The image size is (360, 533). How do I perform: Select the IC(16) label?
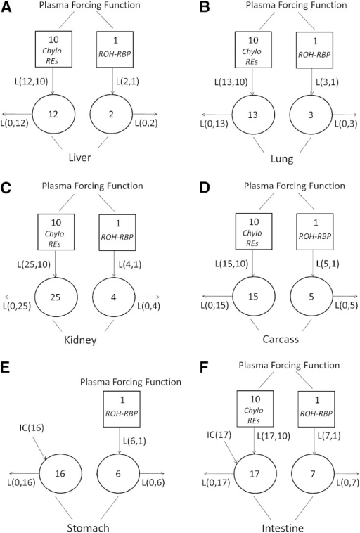(x=32, y=428)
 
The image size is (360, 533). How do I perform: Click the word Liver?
(x=80, y=158)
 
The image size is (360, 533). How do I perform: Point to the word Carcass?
(x=281, y=339)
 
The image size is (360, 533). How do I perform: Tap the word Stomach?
(x=88, y=527)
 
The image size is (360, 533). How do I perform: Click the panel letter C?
(x=6, y=188)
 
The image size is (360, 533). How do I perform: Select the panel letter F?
(x=204, y=368)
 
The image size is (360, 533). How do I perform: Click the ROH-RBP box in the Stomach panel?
(x=122, y=409)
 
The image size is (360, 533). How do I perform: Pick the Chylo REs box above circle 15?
(x=254, y=231)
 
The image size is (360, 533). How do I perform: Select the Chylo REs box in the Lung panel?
(x=253, y=50)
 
